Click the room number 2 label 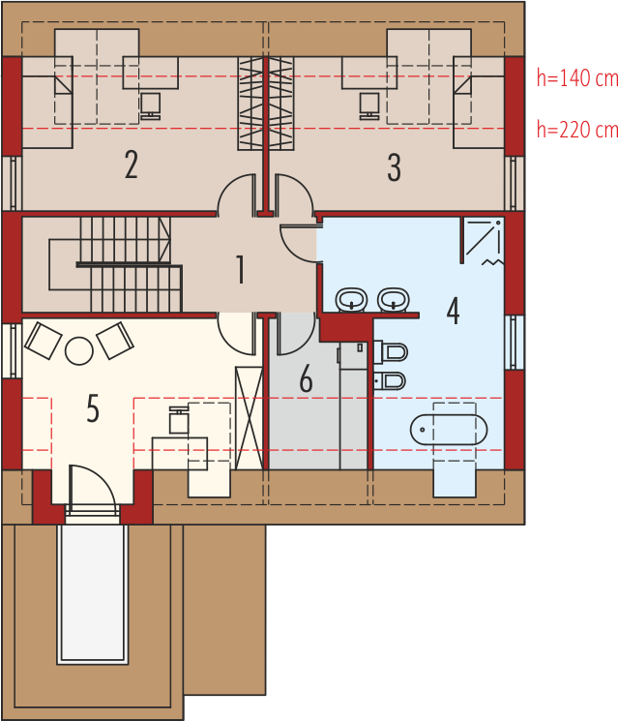pyautogui.click(x=132, y=165)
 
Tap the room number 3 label pyautogui.click(x=395, y=167)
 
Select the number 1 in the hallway pyautogui.click(x=240, y=269)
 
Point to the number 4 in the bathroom pyautogui.click(x=453, y=311)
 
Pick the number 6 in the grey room pyautogui.click(x=306, y=378)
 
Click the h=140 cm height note pyautogui.click(x=577, y=78)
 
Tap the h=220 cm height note pyautogui.click(x=577, y=130)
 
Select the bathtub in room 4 pyautogui.click(x=449, y=430)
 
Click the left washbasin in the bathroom pyautogui.click(x=351, y=300)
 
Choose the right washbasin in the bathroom pyautogui.click(x=394, y=300)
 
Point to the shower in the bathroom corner pyautogui.click(x=483, y=241)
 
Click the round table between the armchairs pyautogui.click(x=79, y=351)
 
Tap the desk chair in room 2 pyautogui.click(x=150, y=106)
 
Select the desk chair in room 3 pyautogui.click(x=369, y=106)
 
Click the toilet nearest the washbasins pyautogui.click(x=391, y=352)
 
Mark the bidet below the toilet pyautogui.click(x=390, y=380)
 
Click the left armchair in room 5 pyautogui.click(x=44, y=341)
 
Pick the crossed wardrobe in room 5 pyautogui.click(x=250, y=418)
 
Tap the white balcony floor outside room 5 pyautogui.click(x=92, y=593)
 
